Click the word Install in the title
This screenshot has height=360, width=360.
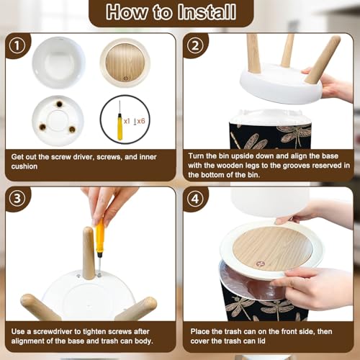[x=207, y=12]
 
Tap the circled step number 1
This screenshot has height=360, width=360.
[x=17, y=45]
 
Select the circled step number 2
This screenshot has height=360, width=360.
[x=195, y=45]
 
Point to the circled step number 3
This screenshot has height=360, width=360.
[x=17, y=199]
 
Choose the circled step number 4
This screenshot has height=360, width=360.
[x=195, y=199]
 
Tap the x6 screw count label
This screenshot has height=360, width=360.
[x=141, y=121]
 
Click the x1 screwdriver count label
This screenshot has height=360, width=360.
[x=127, y=121]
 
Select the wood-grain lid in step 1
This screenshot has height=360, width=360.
[x=125, y=63]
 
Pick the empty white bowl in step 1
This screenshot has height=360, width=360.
[x=58, y=63]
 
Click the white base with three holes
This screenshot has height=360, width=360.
[x=58, y=121]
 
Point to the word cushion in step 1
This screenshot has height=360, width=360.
[x=24, y=166]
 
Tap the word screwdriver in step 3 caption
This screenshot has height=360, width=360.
[x=53, y=331]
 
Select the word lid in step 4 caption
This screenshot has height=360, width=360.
[x=261, y=341]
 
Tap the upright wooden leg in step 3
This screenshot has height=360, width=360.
[x=89, y=253]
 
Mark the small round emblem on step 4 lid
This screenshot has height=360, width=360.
[x=260, y=264]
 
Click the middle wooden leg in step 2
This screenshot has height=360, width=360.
[x=287, y=50]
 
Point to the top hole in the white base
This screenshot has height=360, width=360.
[x=59, y=104]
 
